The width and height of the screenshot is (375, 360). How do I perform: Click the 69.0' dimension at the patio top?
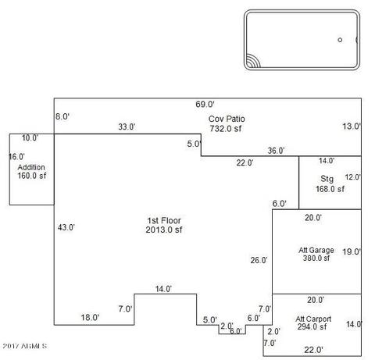point(205,105)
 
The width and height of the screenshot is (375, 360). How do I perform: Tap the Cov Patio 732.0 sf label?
point(227,123)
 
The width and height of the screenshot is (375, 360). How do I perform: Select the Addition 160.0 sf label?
point(31,172)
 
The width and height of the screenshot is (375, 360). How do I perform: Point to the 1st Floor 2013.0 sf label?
point(164,225)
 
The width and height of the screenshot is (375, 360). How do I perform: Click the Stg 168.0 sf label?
point(330,184)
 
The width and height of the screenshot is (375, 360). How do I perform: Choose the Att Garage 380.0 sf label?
point(316,254)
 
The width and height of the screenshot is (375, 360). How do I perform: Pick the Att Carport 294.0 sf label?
point(313,323)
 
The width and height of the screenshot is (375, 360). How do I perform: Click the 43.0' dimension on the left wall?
point(66,227)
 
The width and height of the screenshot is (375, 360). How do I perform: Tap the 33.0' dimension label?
point(127,127)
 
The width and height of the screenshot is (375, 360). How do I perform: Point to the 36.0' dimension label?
point(276,151)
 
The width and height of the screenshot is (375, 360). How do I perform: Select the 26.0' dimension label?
point(259,260)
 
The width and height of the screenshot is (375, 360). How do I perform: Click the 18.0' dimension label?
point(90,317)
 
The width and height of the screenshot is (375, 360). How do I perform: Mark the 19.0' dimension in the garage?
point(352,251)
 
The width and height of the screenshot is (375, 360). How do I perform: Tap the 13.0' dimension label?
point(352,127)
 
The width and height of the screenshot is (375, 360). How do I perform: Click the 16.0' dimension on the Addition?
point(16,157)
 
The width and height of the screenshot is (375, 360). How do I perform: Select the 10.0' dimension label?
point(30,137)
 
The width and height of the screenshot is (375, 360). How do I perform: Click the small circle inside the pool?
point(340,40)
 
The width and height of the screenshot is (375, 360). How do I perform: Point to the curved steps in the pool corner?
point(253,61)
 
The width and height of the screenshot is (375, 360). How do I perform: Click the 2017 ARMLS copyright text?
point(25,346)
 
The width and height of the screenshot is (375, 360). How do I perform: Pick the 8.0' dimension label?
point(62,116)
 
